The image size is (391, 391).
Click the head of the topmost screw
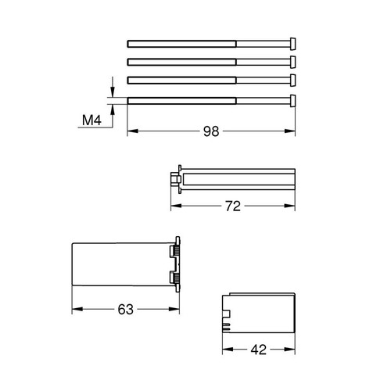tap(292, 41)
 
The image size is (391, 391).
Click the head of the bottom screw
tap(292, 99)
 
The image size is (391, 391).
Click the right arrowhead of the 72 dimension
tap(292, 206)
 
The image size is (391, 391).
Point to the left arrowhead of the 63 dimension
tap(75, 309)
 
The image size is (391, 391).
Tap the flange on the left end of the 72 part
tap(179, 179)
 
